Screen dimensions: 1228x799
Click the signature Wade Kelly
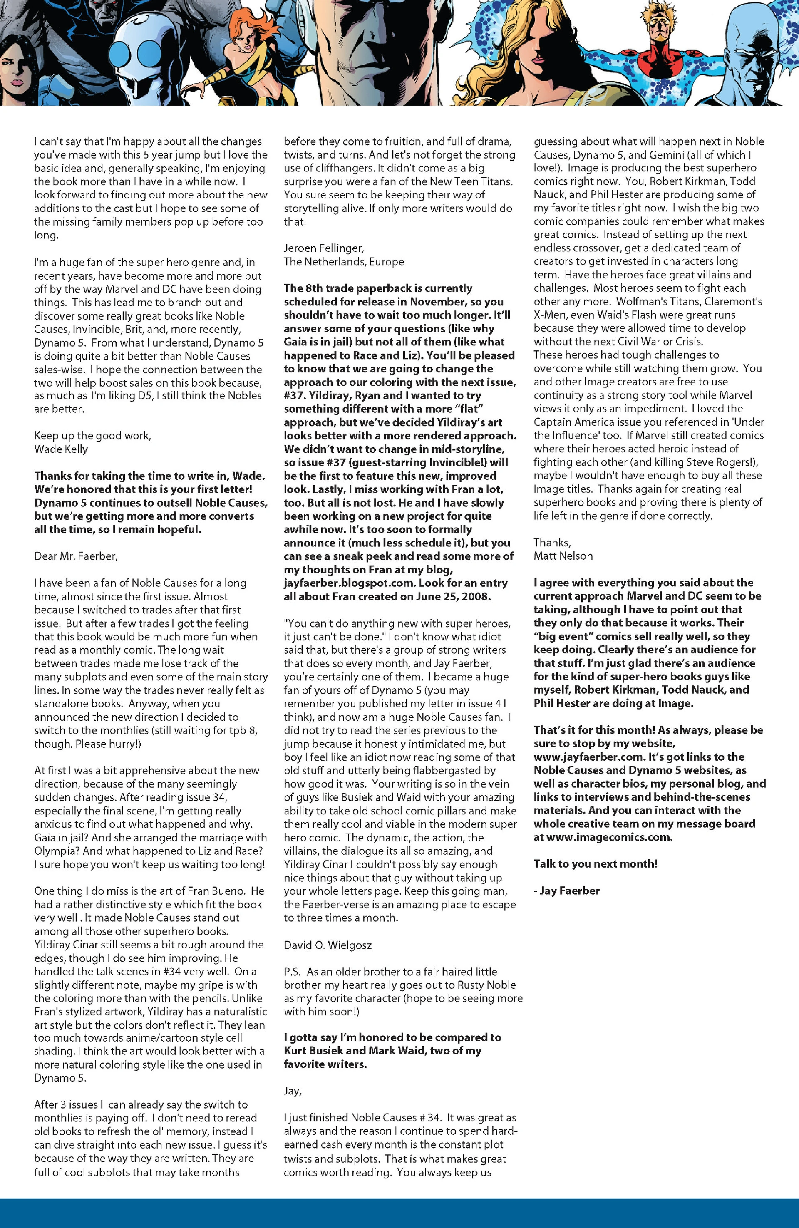coord(61,449)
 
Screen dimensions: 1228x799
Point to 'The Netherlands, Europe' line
coord(344,262)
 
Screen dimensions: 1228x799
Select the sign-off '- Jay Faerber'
coord(567,891)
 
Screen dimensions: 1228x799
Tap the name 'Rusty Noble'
coord(484,985)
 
